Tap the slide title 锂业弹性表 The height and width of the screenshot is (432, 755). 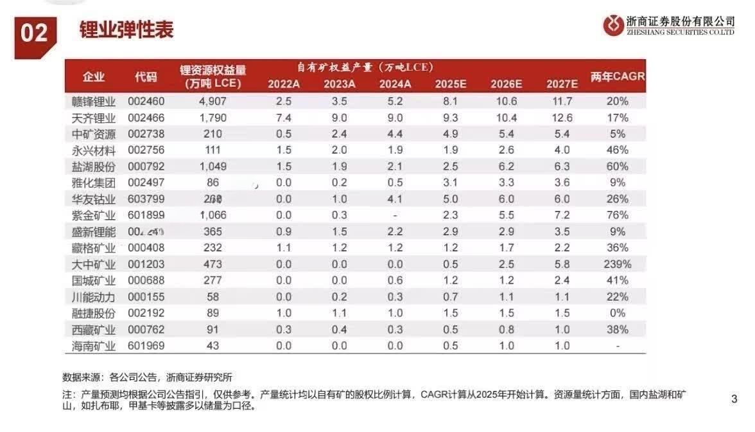pyautogui.click(x=126, y=30)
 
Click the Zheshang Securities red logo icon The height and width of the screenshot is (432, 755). pyautogui.click(x=613, y=25)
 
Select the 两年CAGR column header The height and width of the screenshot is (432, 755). pyautogui.click(x=617, y=76)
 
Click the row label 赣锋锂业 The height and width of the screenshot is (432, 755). pyautogui.click(x=94, y=102)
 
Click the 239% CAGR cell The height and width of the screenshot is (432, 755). pyautogui.click(x=617, y=264)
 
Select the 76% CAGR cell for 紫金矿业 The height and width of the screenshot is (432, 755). pyautogui.click(x=617, y=215)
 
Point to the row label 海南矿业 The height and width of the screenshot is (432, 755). pyautogui.click(x=94, y=346)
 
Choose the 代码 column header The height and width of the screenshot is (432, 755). pyautogui.click(x=146, y=76)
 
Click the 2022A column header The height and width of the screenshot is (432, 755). pyautogui.click(x=284, y=84)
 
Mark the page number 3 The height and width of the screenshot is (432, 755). pyautogui.click(x=734, y=399)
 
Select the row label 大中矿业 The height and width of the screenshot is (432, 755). pyautogui.click(x=94, y=264)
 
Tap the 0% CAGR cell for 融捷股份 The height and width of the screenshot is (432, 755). pyautogui.click(x=617, y=313)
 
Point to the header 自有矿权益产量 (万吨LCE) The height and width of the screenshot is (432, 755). pyautogui.click(x=365, y=67)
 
